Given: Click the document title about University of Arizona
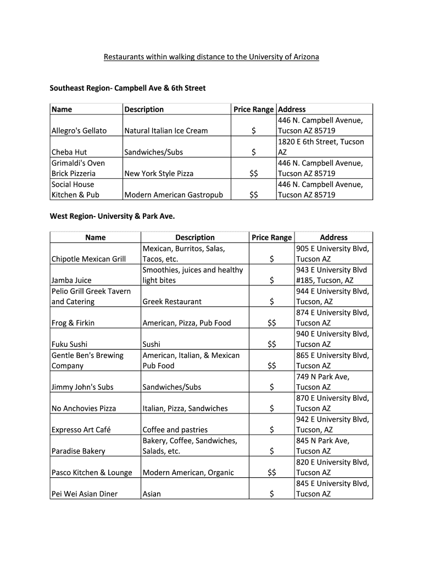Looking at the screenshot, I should (211, 57).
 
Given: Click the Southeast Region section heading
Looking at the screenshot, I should (127, 87).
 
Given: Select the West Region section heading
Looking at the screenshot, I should (112, 216).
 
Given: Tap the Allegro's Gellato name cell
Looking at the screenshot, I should (79, 131).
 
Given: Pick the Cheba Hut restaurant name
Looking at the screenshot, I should (69, 152).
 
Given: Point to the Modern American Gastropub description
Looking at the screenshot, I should (174, 195).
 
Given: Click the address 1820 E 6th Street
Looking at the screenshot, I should (321, 147).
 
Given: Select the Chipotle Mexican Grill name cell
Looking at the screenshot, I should (88, 259).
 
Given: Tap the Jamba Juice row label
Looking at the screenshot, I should (71, 280).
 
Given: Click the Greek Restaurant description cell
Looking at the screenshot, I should (172, 301).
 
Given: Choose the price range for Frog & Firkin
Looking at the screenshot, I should (272, 323).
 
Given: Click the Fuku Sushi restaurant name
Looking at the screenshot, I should (69, 344).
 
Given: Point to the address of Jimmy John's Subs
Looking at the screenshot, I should (322, 382).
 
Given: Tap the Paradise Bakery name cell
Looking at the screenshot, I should (78, 451).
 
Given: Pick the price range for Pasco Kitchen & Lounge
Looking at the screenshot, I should (272, 472).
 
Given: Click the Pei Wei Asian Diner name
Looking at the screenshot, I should (85, 494).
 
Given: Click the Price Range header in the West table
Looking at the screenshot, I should (272, 238).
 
